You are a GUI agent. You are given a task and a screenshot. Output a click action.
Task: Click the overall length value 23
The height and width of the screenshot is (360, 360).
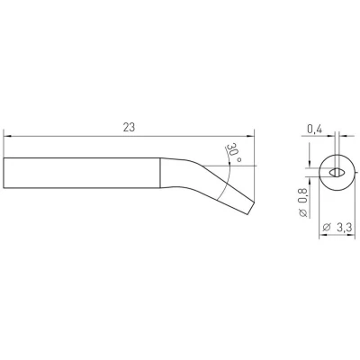click(129, 127)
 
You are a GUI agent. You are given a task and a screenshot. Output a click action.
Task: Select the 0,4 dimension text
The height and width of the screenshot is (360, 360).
click(314, 130)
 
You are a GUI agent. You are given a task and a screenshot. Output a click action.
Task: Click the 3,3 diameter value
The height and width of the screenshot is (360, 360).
click(344, 228)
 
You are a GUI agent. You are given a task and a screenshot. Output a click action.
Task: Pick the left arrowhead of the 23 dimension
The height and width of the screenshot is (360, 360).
click(7, 136)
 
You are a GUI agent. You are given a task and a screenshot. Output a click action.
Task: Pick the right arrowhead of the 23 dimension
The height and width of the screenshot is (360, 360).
click(250, 136)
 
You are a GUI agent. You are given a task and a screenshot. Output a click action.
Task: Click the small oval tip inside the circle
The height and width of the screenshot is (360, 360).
click(337, 173)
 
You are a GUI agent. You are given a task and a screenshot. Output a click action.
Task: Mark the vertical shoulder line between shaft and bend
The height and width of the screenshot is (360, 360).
click(160, 173)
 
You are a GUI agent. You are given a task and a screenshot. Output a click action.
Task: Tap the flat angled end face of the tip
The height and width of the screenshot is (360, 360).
click(251, 208)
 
